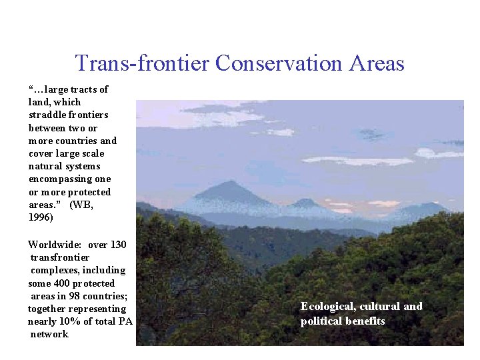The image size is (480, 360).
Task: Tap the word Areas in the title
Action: point(379,63)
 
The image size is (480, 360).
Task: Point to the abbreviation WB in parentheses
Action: point(83,205)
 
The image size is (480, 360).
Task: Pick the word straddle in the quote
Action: point(49,115)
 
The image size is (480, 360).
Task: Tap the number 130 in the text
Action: point(117,244)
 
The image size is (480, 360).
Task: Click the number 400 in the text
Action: point(57,283)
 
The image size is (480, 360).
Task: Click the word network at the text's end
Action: point(49,334)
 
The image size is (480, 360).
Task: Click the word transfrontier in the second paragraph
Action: point(60,257)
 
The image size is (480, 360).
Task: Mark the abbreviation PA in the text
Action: point(125,321)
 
